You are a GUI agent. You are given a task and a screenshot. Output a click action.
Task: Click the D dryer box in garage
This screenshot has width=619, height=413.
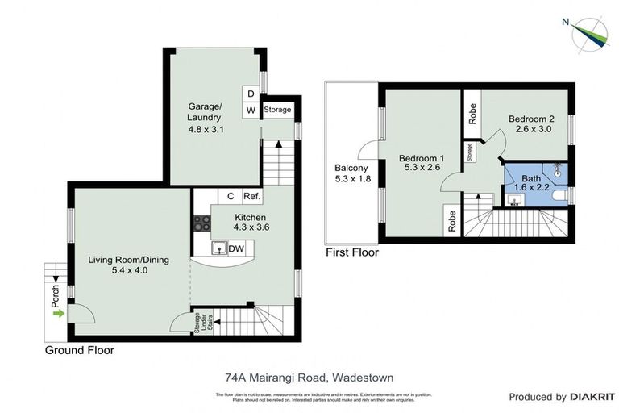(x=251, y=93)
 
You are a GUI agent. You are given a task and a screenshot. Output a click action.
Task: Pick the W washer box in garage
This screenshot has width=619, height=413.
(x=251, y=110)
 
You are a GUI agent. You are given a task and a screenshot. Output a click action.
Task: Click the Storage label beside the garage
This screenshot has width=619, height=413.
(x=277, y=110)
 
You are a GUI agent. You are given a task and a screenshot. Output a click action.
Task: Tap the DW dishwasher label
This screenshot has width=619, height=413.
(x=235, y=248)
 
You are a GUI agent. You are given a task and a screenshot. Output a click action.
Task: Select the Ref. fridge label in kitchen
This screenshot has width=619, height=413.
(x=251, y=196)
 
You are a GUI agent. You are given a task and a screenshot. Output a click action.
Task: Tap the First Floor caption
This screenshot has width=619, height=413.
(x=351, y=252)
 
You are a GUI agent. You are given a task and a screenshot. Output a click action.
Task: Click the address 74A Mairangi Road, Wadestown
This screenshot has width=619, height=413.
(x=309, y=376)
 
